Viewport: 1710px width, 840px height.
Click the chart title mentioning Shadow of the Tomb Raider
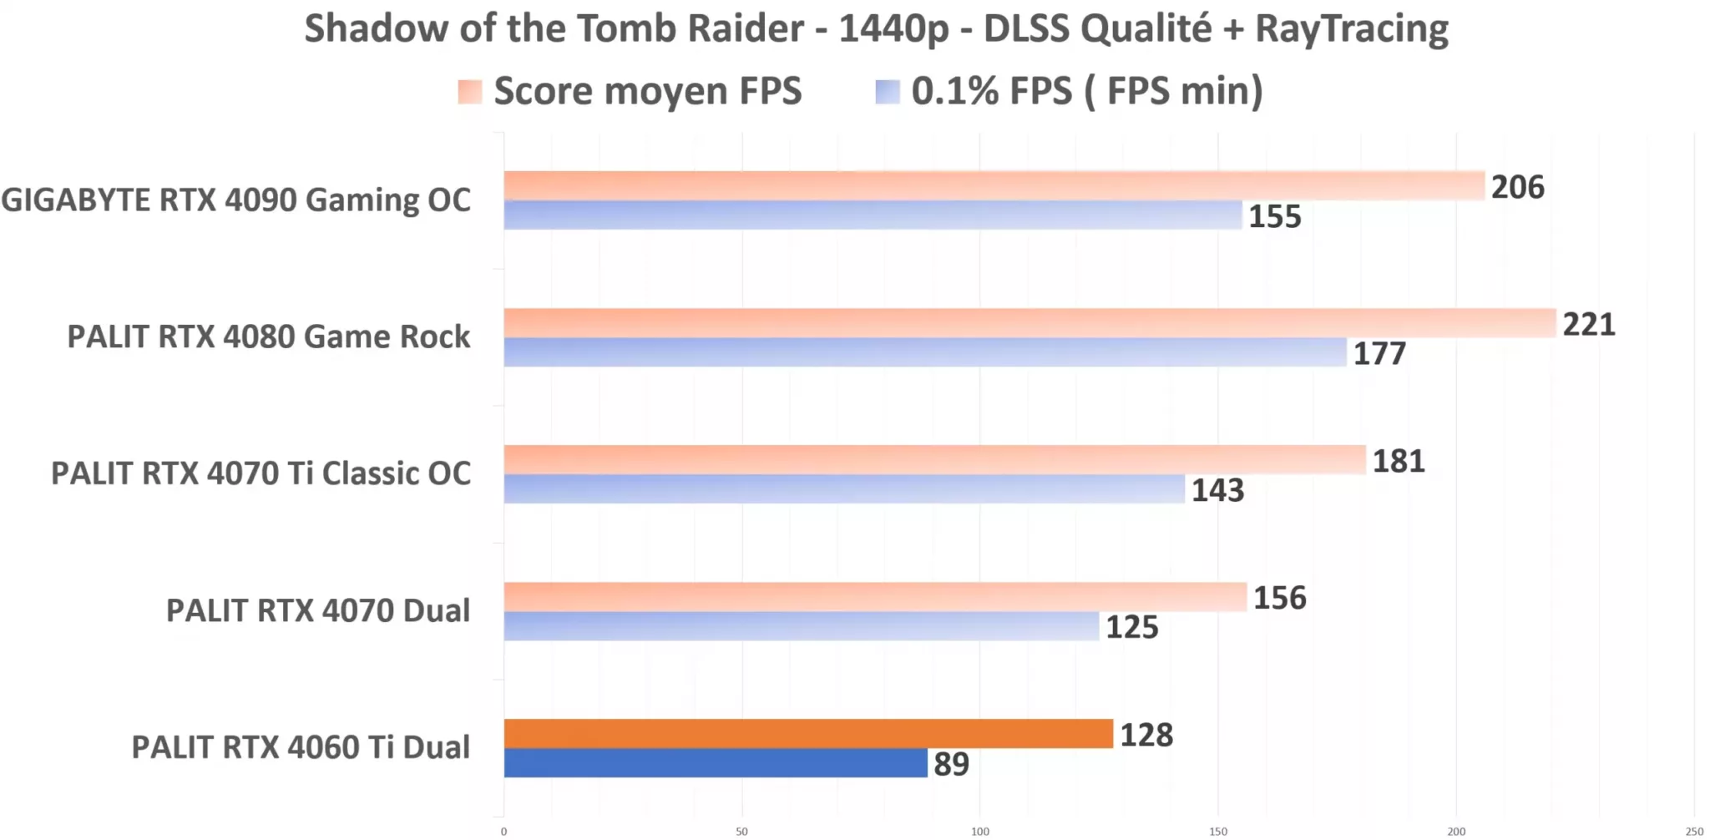pyautogui.click(x=875, y=29)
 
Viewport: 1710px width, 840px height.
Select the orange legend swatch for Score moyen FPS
pyautogui.click(x=470, y=92)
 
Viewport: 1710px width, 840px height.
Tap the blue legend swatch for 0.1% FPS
pyautogui.click(x=888, y=92)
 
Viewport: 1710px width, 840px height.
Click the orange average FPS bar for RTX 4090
pyautogui.click(x=994, y=185)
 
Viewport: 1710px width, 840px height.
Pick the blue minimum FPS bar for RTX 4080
pyautogui.click(x=924, y=352)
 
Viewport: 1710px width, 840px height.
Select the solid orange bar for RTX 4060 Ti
pyautogui.click(x=807, y=733)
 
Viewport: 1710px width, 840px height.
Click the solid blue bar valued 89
pyautogui.click(x=715, y=762)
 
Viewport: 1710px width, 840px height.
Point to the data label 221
pyautogui.click(x=1588, y=324)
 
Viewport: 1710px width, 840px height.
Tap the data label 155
pyautogui.click(x=1274, y=216)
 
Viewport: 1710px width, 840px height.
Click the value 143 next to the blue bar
pyautogui.click(x=1217, y=490)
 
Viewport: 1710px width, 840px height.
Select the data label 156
pyautogui.click(x=1279, y=598)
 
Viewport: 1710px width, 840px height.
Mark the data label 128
pyautogui.click(x=1146, y=735)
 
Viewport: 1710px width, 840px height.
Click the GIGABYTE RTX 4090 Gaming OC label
pyautogui.click(x=235, y=200)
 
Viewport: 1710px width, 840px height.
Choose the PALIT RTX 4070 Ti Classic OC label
pyautogui.click(x=261, y=473)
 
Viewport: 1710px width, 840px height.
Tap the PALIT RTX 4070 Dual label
pyautogui.click(x=317, y=610)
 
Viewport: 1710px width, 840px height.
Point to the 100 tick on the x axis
pyautogui.click(x=979, y=831)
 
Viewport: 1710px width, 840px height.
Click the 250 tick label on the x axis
pyautogui.click(x=1693, y=831)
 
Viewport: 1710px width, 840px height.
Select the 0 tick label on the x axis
pyautogui.click(x=503, y=831)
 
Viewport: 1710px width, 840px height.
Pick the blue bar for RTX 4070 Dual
pyautogui.click(x=801, y=626)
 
